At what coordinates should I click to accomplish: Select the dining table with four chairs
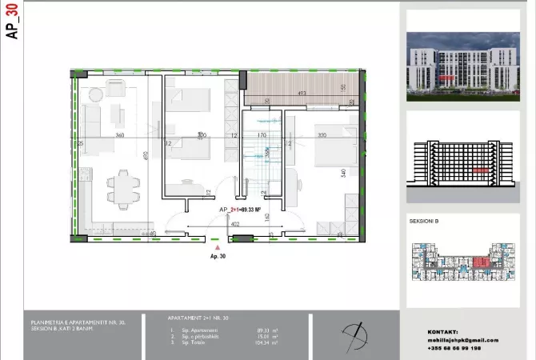point(122,186)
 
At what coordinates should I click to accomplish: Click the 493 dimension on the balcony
point(302,94)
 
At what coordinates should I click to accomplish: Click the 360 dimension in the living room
point(119,136)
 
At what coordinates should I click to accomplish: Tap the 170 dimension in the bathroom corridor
point(262,136)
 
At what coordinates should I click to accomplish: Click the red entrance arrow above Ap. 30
point(216,249)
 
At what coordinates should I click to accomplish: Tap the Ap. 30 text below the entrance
point(218,258)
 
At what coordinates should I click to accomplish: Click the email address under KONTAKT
point(463,340)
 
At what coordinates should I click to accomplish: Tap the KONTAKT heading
point(443,331)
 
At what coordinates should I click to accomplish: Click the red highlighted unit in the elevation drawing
point(479,170)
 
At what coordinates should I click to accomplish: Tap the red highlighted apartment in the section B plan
point(482,262)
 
